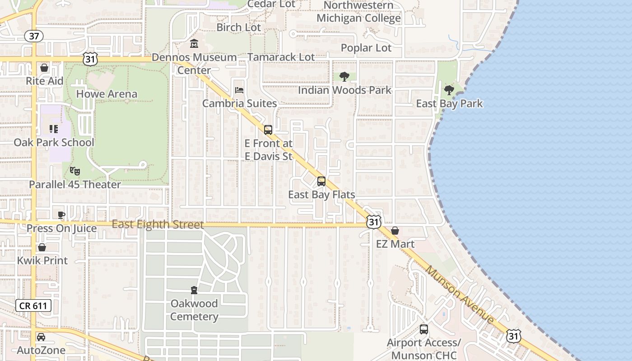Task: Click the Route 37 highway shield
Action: click(34, 36)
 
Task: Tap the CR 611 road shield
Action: click(34, 305)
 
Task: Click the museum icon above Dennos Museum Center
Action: click(194, 44)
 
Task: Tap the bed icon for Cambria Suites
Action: click(239, 90)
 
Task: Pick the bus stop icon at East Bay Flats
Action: click(321, 181)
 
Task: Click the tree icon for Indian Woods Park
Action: click(344, 77)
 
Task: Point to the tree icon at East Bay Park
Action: click(449, 90)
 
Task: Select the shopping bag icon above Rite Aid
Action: click(44, 68)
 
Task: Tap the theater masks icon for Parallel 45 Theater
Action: click(75, 171)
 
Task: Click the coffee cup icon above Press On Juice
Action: click(61, 215)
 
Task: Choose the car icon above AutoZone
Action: click(41, 337)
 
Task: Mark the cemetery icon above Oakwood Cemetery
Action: click(194, 290)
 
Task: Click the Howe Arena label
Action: click(107, 94)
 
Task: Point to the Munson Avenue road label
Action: click(460, 295)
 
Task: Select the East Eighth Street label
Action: click(158, 224)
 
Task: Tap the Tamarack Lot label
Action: click(281, 57)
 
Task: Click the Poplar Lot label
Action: click(366, 48)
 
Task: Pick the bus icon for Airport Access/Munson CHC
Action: click(423, 329)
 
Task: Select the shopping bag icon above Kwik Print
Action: click(42, 247)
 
